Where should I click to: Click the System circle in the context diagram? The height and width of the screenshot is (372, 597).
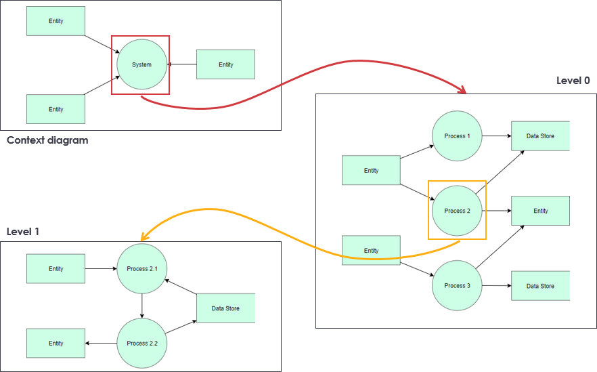141,65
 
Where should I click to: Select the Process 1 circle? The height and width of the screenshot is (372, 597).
457,136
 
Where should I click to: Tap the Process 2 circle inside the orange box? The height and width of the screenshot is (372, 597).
457,211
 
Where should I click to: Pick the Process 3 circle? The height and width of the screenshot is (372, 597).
457,285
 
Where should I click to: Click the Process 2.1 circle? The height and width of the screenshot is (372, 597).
141,269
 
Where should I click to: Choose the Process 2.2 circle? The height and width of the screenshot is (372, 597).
141,344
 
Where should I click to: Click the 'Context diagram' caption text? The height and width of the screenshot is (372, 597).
47,141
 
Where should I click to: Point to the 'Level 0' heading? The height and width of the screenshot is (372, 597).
573,81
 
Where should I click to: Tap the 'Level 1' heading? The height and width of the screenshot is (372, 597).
23,232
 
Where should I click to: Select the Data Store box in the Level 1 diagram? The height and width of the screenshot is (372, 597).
225,308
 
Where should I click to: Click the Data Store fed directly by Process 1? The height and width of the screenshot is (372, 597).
540,136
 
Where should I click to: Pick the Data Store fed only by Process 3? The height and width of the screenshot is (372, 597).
540,286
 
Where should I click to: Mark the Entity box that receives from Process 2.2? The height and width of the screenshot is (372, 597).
56,344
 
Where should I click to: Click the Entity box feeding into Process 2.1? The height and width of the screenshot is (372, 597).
56,269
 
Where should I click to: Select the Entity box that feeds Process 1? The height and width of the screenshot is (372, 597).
371,171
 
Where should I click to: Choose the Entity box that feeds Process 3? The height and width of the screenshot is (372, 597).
371,251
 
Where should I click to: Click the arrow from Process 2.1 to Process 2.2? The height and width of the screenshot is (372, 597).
141,306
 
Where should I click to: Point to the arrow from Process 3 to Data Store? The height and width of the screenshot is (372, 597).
495,286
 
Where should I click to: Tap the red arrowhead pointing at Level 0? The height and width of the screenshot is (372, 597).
464,91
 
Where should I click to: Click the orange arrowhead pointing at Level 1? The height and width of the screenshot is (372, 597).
143,236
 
